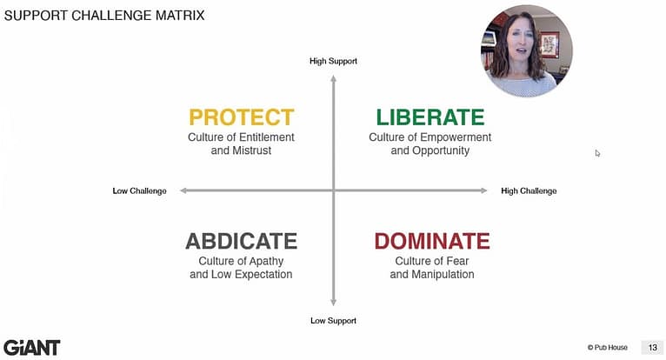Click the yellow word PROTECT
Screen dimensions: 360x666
(241, 117)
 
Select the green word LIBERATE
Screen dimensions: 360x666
(430, 117)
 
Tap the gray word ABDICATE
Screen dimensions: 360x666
(241, 241)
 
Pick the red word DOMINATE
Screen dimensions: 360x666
(432, 241)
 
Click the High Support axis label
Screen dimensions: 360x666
(333, 61)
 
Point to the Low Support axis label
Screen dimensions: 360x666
(333, 321)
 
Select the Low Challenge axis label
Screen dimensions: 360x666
(139, 190)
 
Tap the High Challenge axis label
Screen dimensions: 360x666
(529, 190)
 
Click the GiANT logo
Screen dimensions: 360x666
(31, 347)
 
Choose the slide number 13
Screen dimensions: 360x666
(651, 347)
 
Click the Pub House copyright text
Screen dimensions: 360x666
(608, 347)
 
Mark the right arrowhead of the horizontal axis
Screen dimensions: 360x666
(483, 190)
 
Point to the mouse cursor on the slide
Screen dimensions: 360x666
(597, 153)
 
